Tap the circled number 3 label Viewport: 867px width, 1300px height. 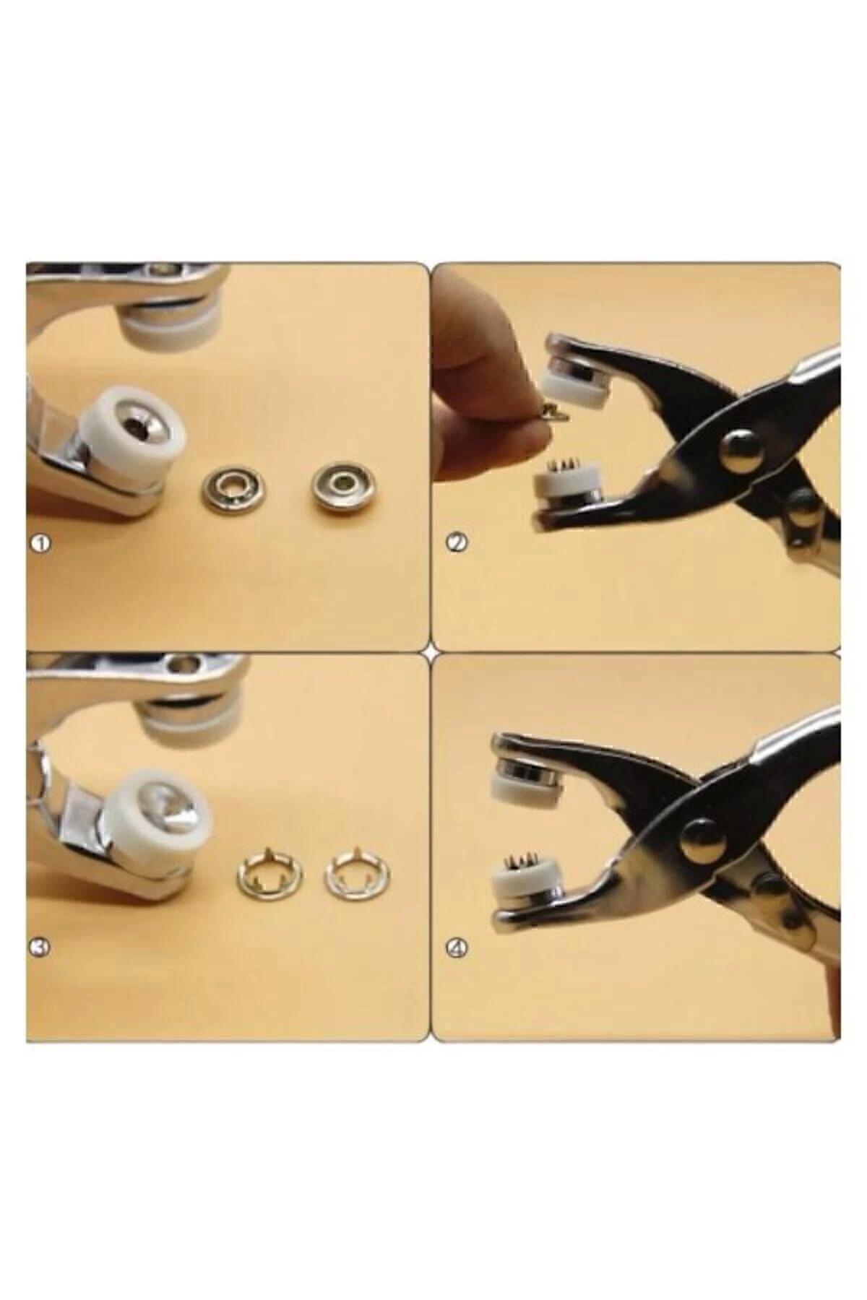[41, 946]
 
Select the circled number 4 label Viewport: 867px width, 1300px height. [457, 947]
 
